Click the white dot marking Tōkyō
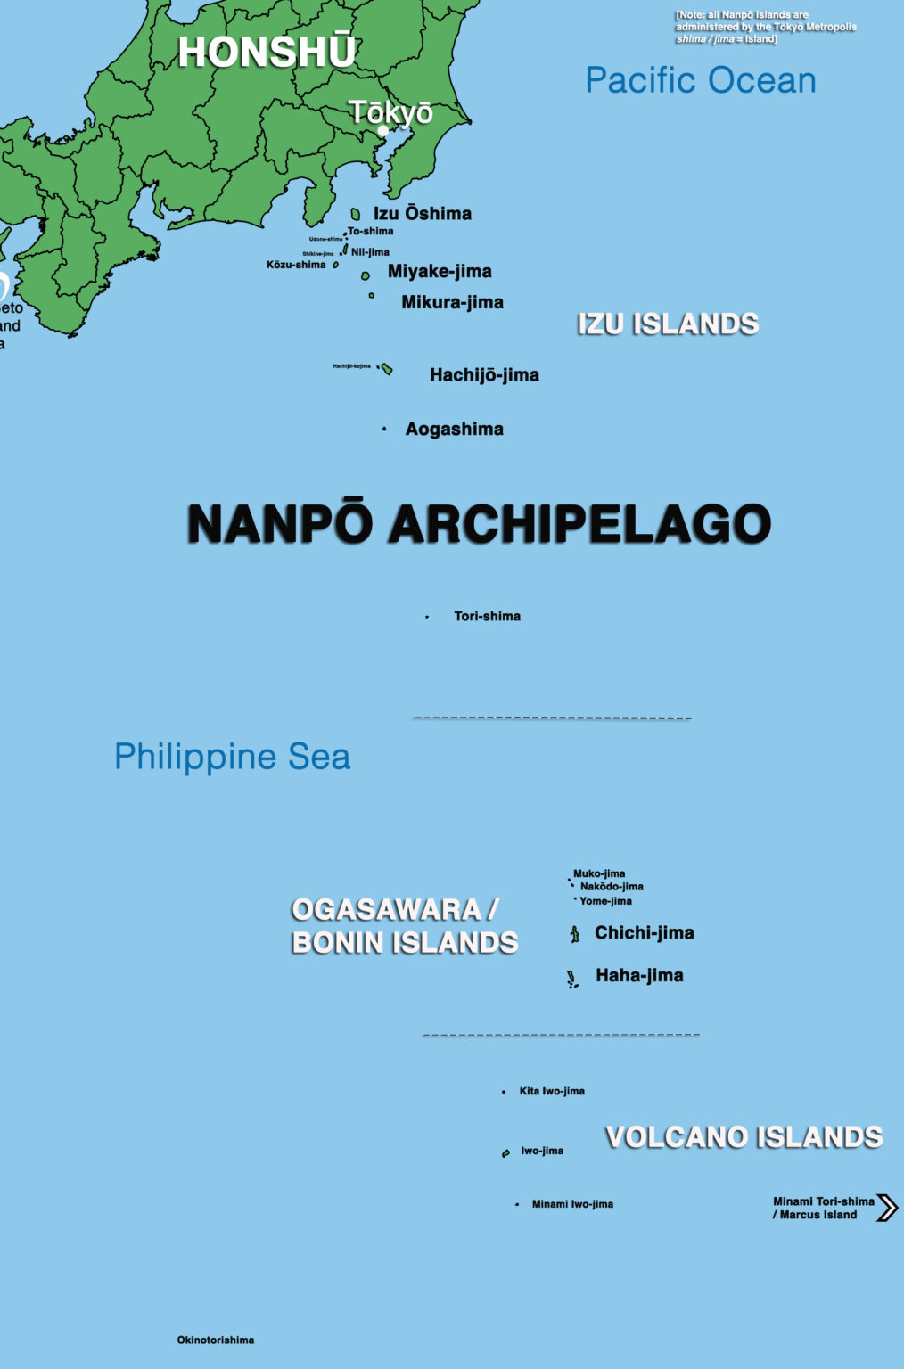(x=383, y=130)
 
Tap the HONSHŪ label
(x=267, y=53)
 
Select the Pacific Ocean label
(x=700, y=80)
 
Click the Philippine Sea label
(x=232, y=757)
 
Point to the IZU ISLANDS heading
(x=668, y=324)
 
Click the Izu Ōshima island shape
(x=356, y=214)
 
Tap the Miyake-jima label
(x=440, y=271)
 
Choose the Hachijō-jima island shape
(x=387, y=369)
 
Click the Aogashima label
(x=454, y=429)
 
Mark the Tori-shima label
(x=487, y=616)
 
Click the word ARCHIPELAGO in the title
(x=579, y=523)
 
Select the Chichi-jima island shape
(x=575, y=934)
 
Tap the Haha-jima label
(x=639, y=975)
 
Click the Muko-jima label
(x=599, y=873)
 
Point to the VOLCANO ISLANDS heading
(x=744, y=1136)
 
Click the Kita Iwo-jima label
(x=552, y=1091)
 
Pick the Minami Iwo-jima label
(x=572, y=1204)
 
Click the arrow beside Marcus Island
(x=887, y=1208)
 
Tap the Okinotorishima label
(x=216, y=1340)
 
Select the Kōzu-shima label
(x=296, y=265)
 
